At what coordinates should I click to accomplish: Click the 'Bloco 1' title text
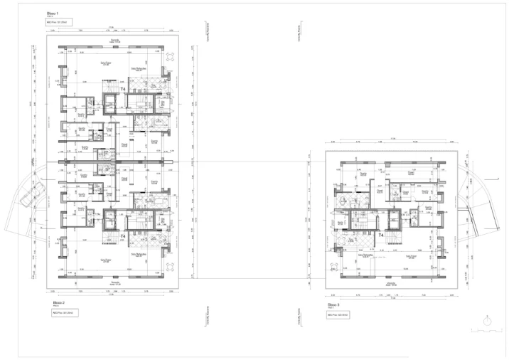53,14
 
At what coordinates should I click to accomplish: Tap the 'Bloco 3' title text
333,303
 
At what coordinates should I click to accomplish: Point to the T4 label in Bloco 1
122,89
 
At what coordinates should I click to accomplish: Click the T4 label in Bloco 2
122,235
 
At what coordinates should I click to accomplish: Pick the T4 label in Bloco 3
381,234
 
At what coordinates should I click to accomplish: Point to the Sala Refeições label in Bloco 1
137,70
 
